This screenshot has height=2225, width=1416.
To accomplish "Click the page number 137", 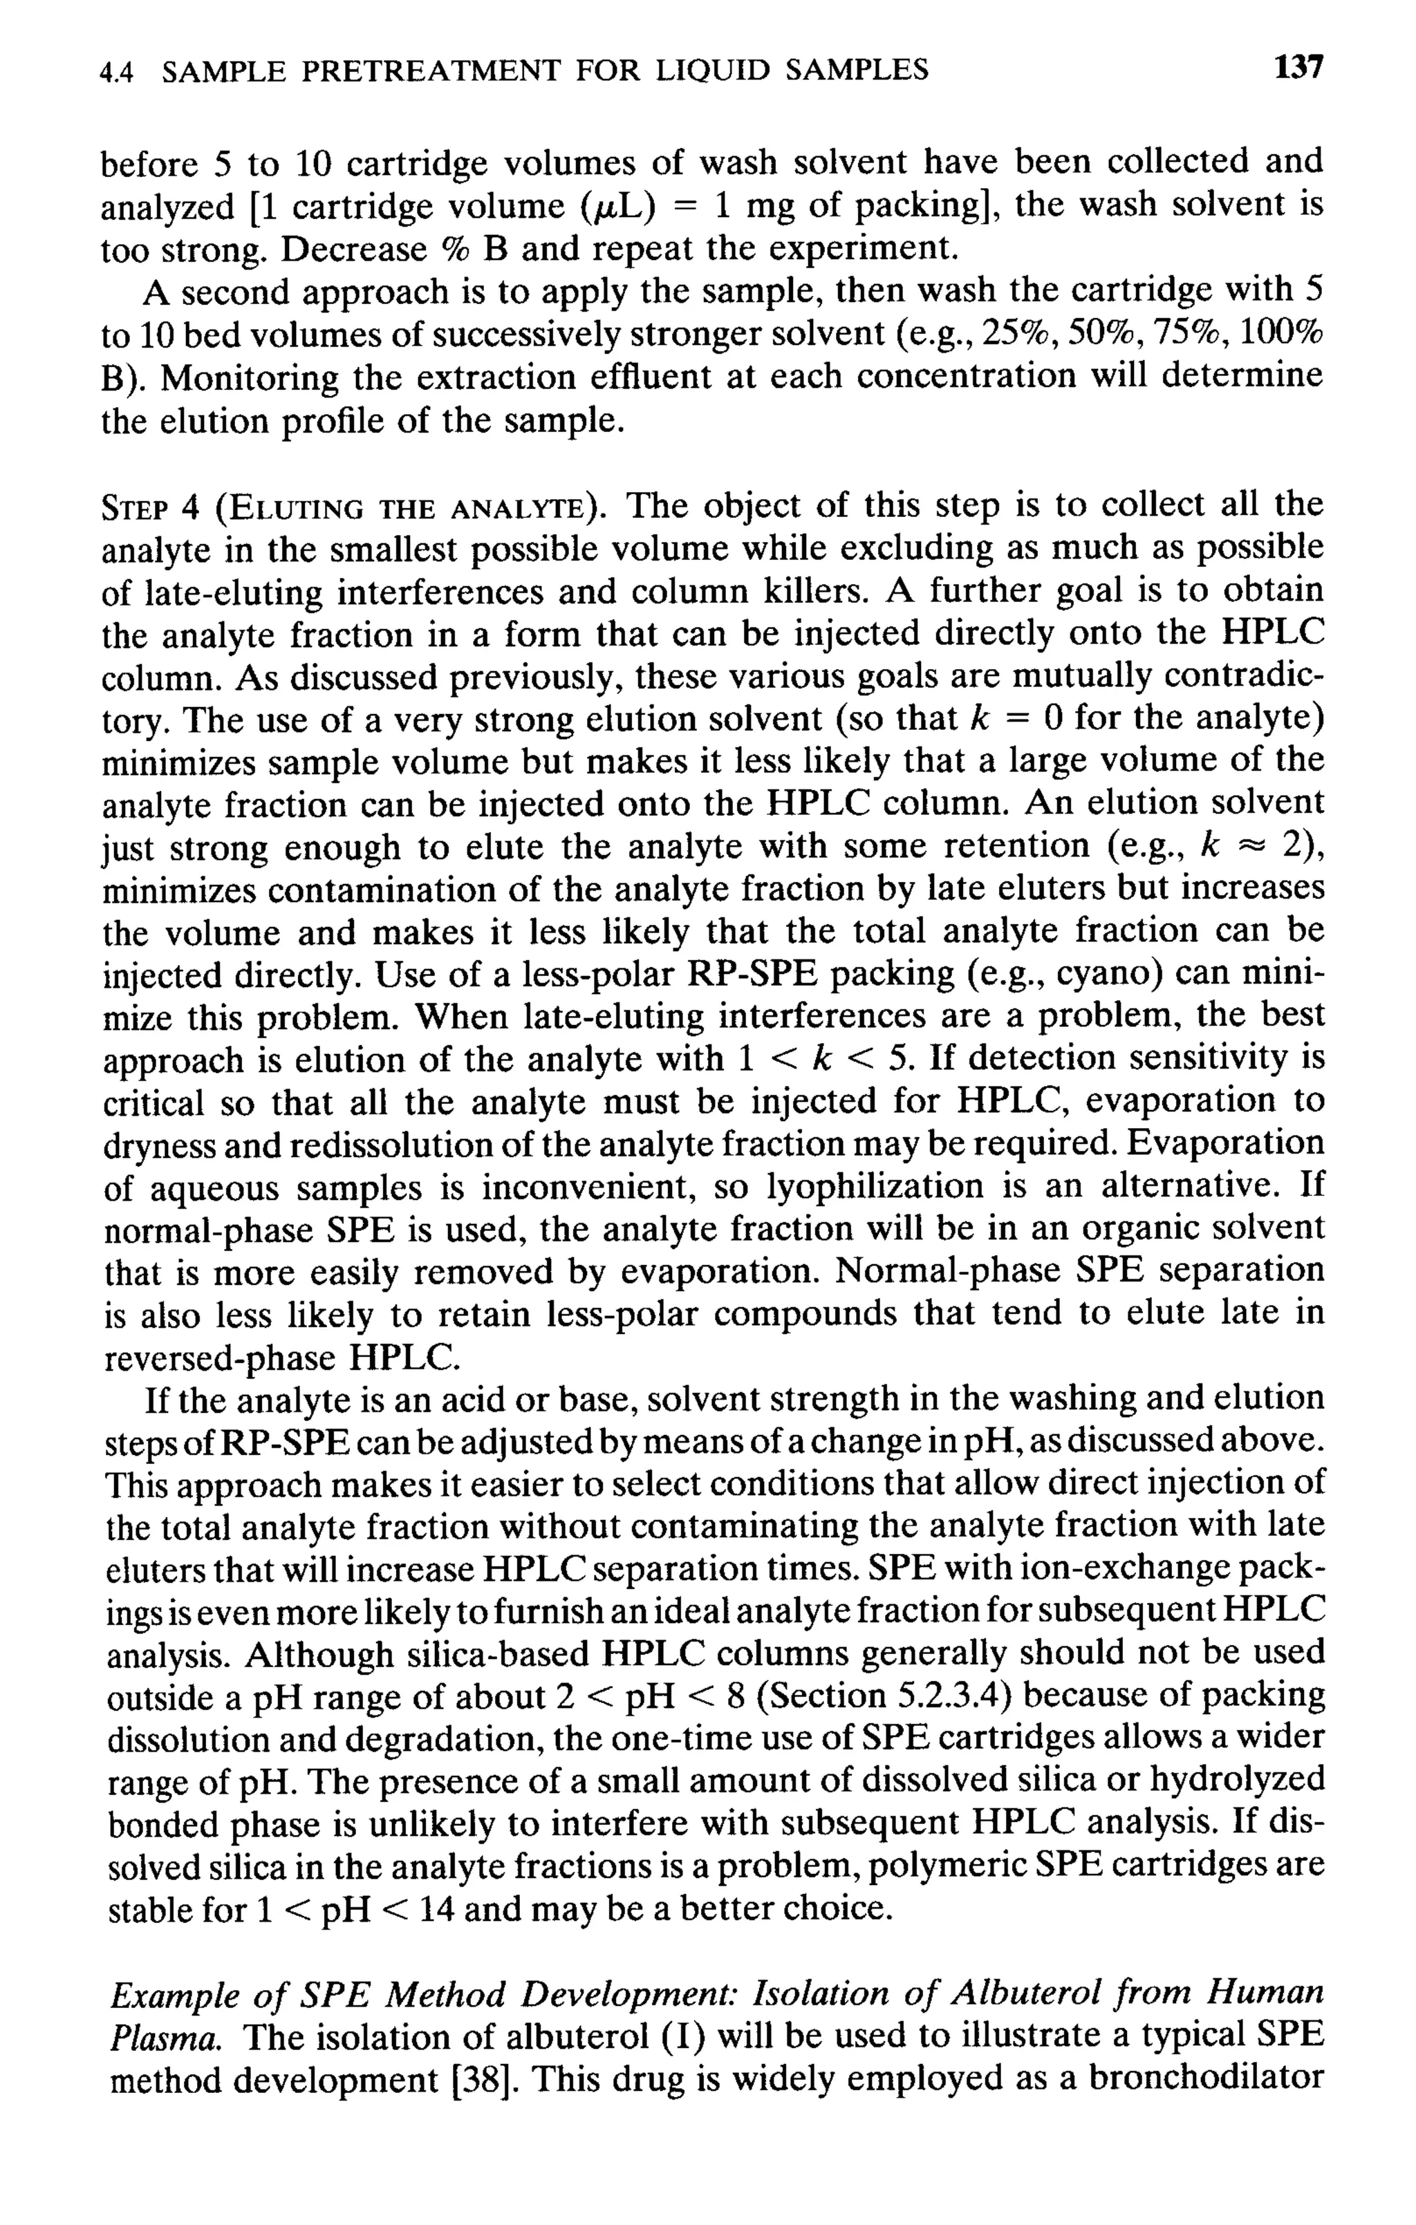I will click(x=1298, y=68).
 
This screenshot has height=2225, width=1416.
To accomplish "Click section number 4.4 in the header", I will click(x=118, y=71).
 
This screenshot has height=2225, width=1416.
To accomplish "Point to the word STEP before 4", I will click(x=134, y=508).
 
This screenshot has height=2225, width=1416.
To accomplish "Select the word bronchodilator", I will click(x=1205, y=2081).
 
